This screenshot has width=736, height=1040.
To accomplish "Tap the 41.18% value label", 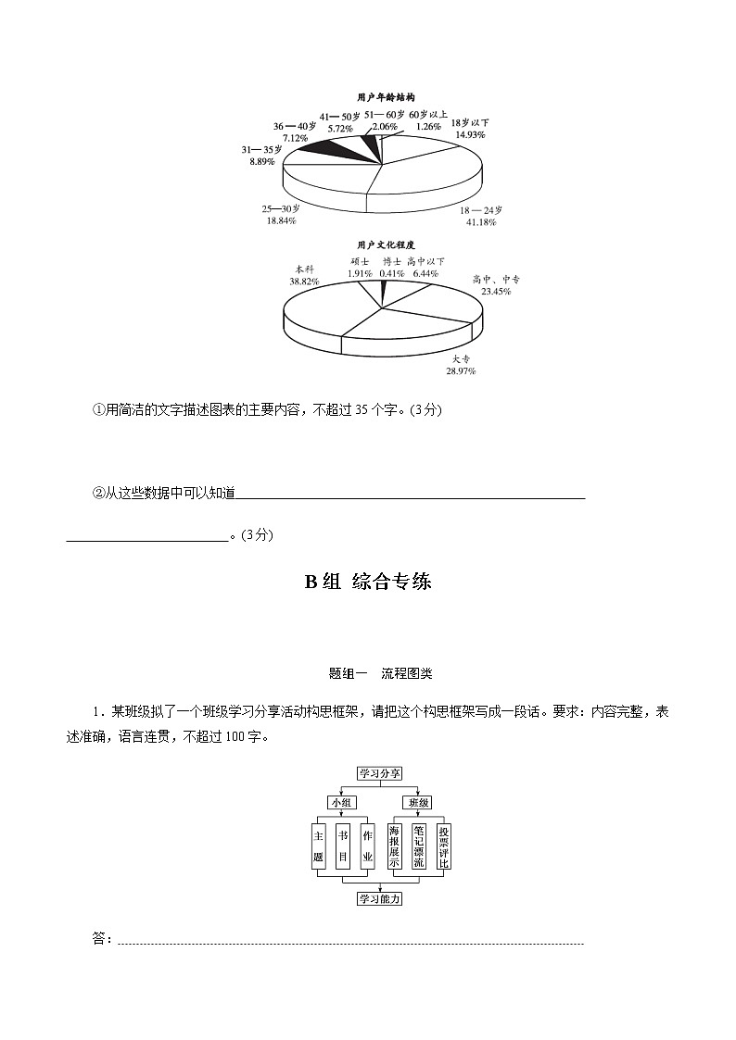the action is [x=481, y=222].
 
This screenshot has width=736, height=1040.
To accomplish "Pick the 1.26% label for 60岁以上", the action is [x=428, y=126].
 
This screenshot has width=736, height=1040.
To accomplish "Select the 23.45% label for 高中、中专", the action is [x=495, y=291].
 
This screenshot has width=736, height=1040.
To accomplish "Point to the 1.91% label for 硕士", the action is [x=360, y=273].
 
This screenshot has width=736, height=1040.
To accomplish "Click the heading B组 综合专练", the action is [x=368, y=583].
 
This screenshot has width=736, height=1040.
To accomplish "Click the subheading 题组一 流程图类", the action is [x=368, y=673].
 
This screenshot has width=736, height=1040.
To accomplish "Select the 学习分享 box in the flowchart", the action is [x=380, y=774].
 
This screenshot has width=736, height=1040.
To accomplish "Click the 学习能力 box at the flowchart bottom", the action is [x=380, y=898].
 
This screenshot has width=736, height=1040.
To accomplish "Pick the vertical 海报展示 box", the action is [x=395, y=846].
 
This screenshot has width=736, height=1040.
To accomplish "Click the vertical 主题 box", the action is [x=319, y=846].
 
